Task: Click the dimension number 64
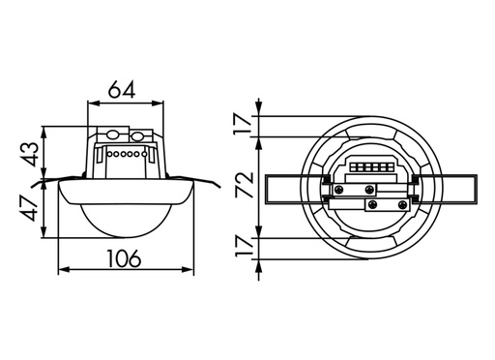coord(125,89)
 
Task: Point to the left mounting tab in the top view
coord(287,186)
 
